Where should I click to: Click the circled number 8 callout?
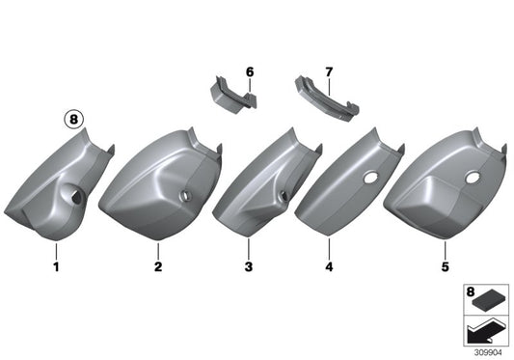point(75,122)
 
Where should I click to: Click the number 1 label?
point(56,265)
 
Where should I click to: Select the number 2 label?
point(156,265)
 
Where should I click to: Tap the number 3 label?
point(248,265)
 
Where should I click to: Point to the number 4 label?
point(330,265)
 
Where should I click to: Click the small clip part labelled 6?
point(231,97)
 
